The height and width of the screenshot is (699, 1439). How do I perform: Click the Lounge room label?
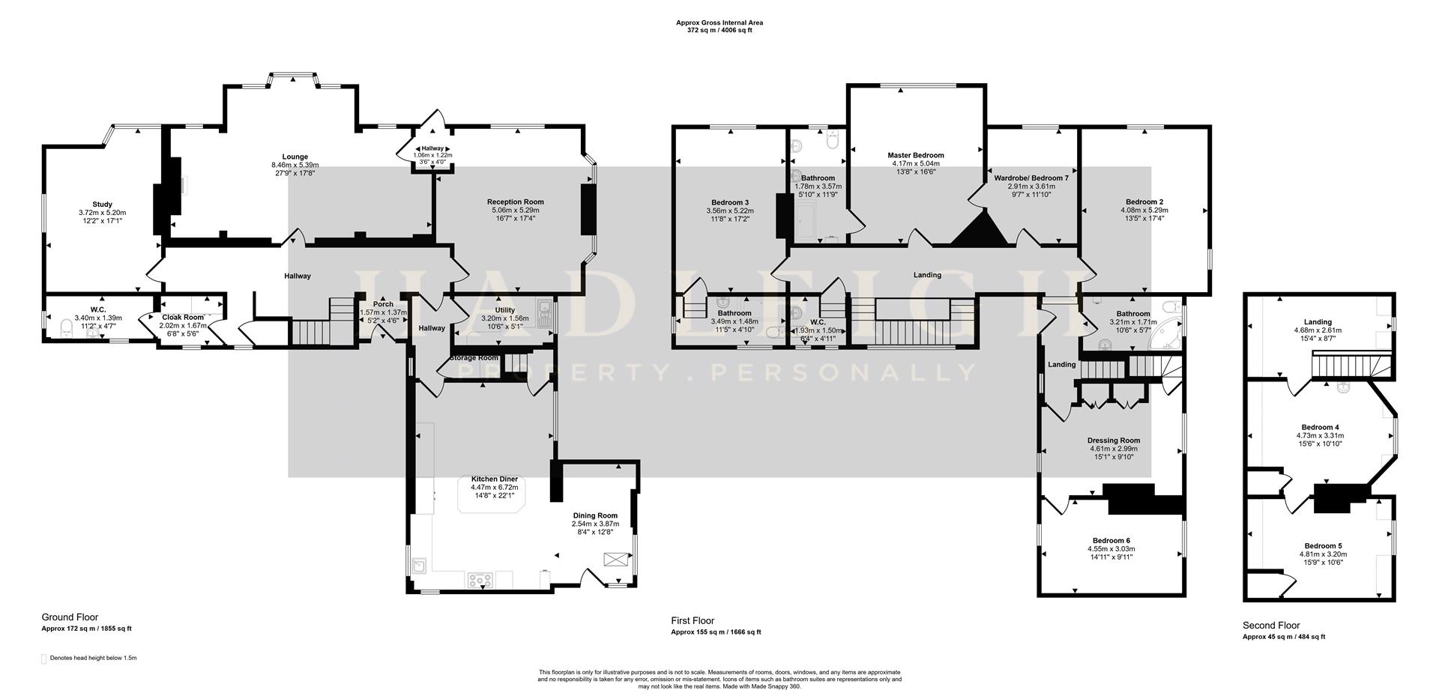click(x=295, y=157)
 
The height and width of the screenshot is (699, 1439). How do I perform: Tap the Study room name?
click(x=103, y=205)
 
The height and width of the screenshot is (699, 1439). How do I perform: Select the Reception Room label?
click(x=515, y=202)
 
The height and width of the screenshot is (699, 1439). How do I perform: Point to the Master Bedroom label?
click(x=917, y=155)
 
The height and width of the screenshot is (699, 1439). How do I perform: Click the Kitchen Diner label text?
click(x=494, y=479)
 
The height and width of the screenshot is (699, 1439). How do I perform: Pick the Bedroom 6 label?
click(x=1111, y=541)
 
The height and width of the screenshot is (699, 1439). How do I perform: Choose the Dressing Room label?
click(x=1113, y=441)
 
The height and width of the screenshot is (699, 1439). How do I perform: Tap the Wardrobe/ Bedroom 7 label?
click(x=1031, y=178)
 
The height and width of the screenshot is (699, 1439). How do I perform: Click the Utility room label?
click(x=504, y=310)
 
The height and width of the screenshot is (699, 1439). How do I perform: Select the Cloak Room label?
click(x=183, y=318)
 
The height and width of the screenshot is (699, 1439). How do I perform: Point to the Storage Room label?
click(x=474, y=358)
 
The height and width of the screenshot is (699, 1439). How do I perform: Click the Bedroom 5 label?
click(x=1322, y=546)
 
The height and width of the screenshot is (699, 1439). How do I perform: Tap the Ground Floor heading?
click(x=70, y=617)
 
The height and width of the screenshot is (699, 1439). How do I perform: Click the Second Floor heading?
click(x=1270, y=626)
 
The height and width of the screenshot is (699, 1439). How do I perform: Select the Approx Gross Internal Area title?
click(x=719, y=23)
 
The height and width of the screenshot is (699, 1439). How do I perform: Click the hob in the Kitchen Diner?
click(x=477, y=579)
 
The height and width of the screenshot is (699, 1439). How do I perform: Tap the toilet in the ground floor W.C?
click(x=65, y=327)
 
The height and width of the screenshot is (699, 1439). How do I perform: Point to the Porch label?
click(x=382, y=304)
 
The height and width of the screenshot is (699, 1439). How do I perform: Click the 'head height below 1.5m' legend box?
click(x=43, y=659)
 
